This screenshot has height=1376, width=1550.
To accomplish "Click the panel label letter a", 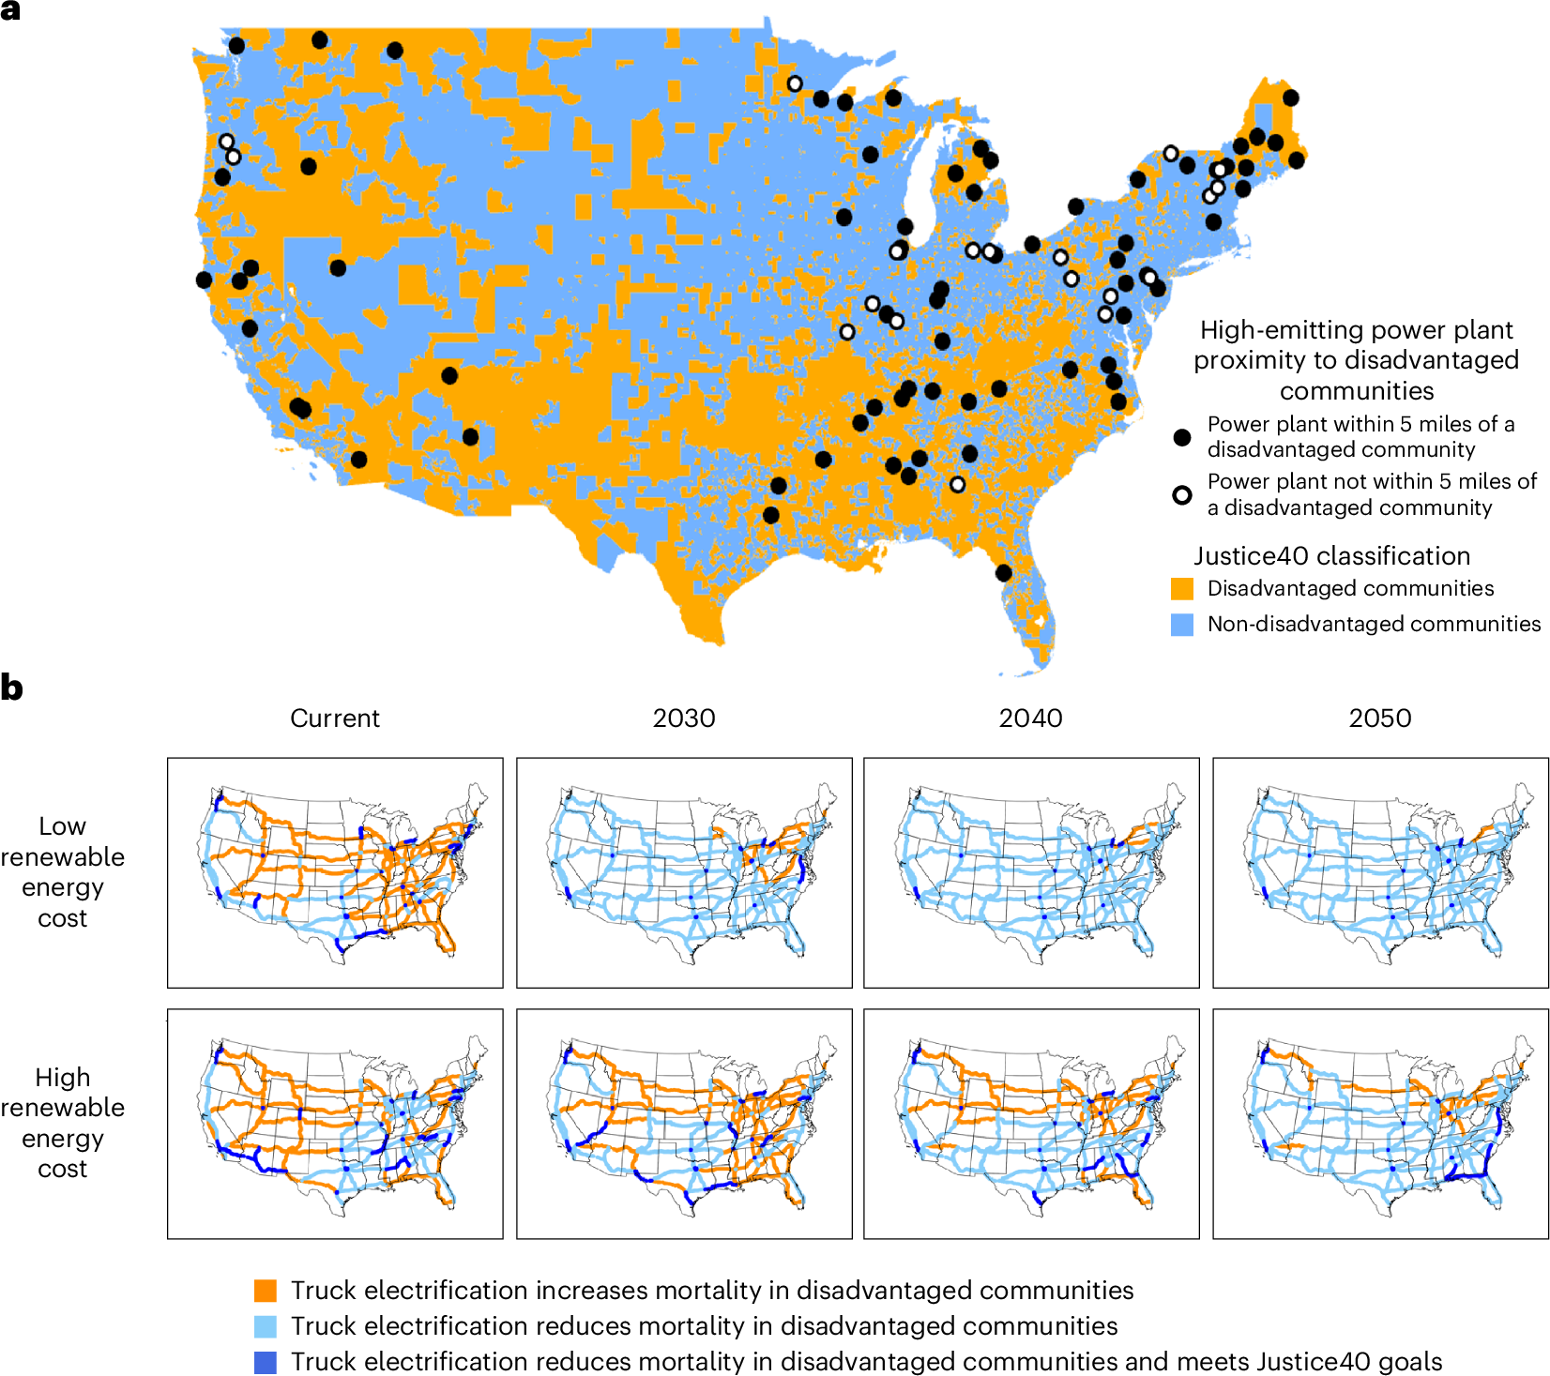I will click(10, 10).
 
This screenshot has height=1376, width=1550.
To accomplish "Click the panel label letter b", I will click(11, 688).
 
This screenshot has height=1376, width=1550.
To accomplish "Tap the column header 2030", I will click(684, 718).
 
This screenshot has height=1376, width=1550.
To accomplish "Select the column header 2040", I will click(1030, 718).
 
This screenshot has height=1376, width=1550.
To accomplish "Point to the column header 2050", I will click(1379, 718).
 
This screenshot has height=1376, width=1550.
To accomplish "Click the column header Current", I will click(335, 718).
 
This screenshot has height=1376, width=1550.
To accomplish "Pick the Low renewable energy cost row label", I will click(63, 871).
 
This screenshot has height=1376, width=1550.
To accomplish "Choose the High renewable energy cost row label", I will click(63, 1123).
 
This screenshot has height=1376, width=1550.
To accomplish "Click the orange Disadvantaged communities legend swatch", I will click(1182, 589).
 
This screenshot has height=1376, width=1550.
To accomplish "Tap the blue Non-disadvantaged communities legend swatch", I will click(1182, 625).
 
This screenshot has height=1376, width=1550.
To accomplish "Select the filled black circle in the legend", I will click(1182, 437).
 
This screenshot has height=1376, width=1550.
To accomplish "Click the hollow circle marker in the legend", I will click(1182, 494).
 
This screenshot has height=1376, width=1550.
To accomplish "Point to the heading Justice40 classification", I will click(1331, 556).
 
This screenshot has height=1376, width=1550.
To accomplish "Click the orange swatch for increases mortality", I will click(266, 1291).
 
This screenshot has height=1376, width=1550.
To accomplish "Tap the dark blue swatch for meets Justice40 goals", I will click(266, 1362).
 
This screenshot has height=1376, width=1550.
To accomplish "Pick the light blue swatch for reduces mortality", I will click(266, 1326).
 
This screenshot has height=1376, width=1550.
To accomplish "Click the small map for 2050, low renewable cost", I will click(1380, 872).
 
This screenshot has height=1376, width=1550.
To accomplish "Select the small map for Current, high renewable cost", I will click(335, 1124).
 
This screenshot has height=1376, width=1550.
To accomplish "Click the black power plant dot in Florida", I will click(1003, 573).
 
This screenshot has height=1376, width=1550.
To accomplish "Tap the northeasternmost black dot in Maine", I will click(1290, 98).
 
